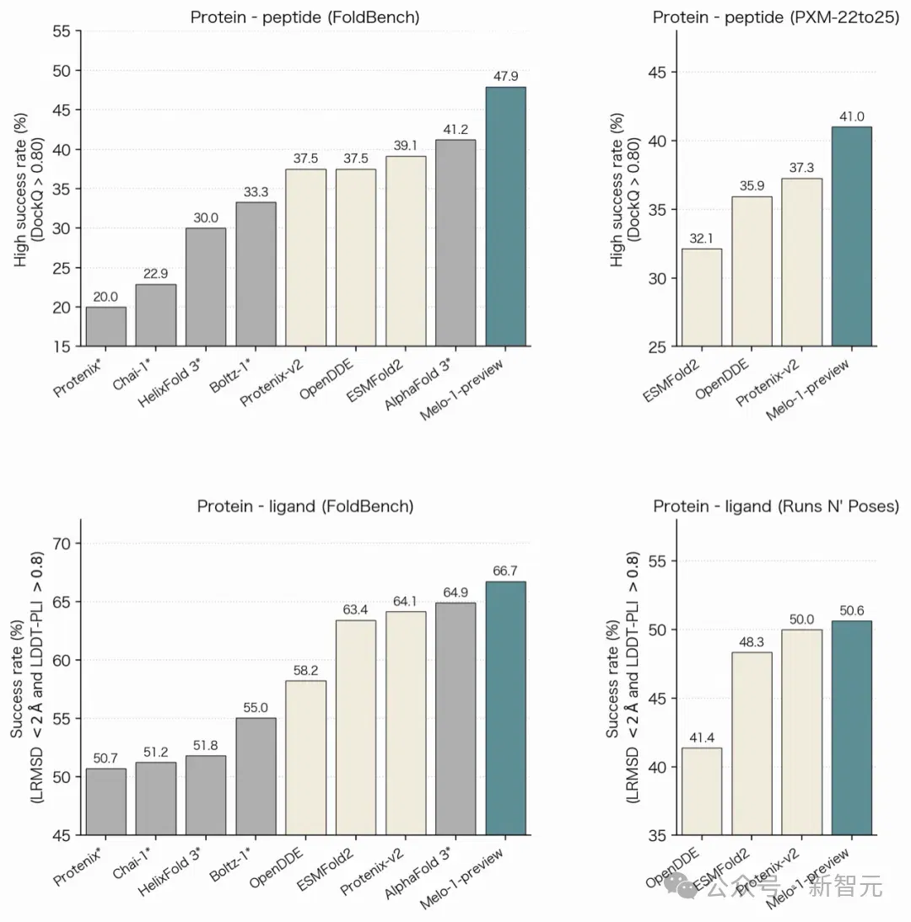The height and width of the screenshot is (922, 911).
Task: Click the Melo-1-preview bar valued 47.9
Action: (x=505, y=217)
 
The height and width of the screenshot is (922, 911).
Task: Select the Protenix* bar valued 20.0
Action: (x=106, y=326)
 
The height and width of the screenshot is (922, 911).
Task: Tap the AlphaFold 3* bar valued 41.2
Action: (x=455, y=243)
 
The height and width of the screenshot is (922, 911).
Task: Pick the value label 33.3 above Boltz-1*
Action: (x=256, y=192)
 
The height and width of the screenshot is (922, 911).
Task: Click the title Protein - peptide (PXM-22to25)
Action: (x=776, y=18)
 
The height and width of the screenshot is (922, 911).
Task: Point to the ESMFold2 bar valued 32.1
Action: (x=702, y=298)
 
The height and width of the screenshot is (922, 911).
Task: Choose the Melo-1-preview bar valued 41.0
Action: (x=852, y=236)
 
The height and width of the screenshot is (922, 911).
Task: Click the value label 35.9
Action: (x=752, y=186)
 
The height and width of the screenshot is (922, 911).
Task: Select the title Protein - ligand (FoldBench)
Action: (x=305, y=507)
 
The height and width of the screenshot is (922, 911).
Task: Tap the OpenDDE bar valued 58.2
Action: (x=305, y=758)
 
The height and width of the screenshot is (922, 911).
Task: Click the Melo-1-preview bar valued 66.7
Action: (x=505, y=709)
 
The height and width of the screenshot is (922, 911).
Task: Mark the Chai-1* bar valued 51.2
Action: (x=156, y=798)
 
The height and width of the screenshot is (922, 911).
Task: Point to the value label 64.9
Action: (x=455, y=592)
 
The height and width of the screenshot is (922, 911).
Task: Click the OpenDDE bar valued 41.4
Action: (x=702, y=791)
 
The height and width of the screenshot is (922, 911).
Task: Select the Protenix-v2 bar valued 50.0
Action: (x=801, y=732)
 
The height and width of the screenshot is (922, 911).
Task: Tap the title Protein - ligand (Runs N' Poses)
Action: (x=776, y=507)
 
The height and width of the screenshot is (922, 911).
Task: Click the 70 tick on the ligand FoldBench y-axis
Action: (x=62, y=544)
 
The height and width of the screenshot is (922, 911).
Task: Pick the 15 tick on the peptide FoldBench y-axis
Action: (x=62, y=347)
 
